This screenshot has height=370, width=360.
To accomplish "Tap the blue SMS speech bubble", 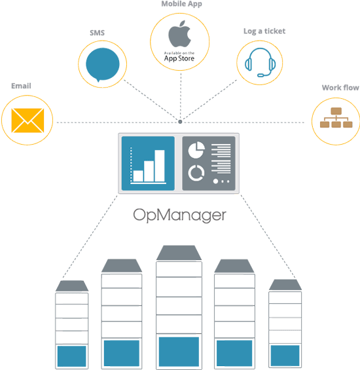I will tap(103, 64).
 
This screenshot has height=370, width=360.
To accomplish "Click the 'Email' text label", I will tap(22, 85).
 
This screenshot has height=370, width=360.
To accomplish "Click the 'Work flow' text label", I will tap(336, 87).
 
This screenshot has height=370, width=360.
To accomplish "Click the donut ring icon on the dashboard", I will tap(195, 173).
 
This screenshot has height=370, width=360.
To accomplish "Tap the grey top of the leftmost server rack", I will tap(71, 286).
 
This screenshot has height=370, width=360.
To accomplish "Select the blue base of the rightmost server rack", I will tap(285, 356).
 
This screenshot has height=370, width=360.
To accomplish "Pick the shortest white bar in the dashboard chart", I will tap(137, 176).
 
